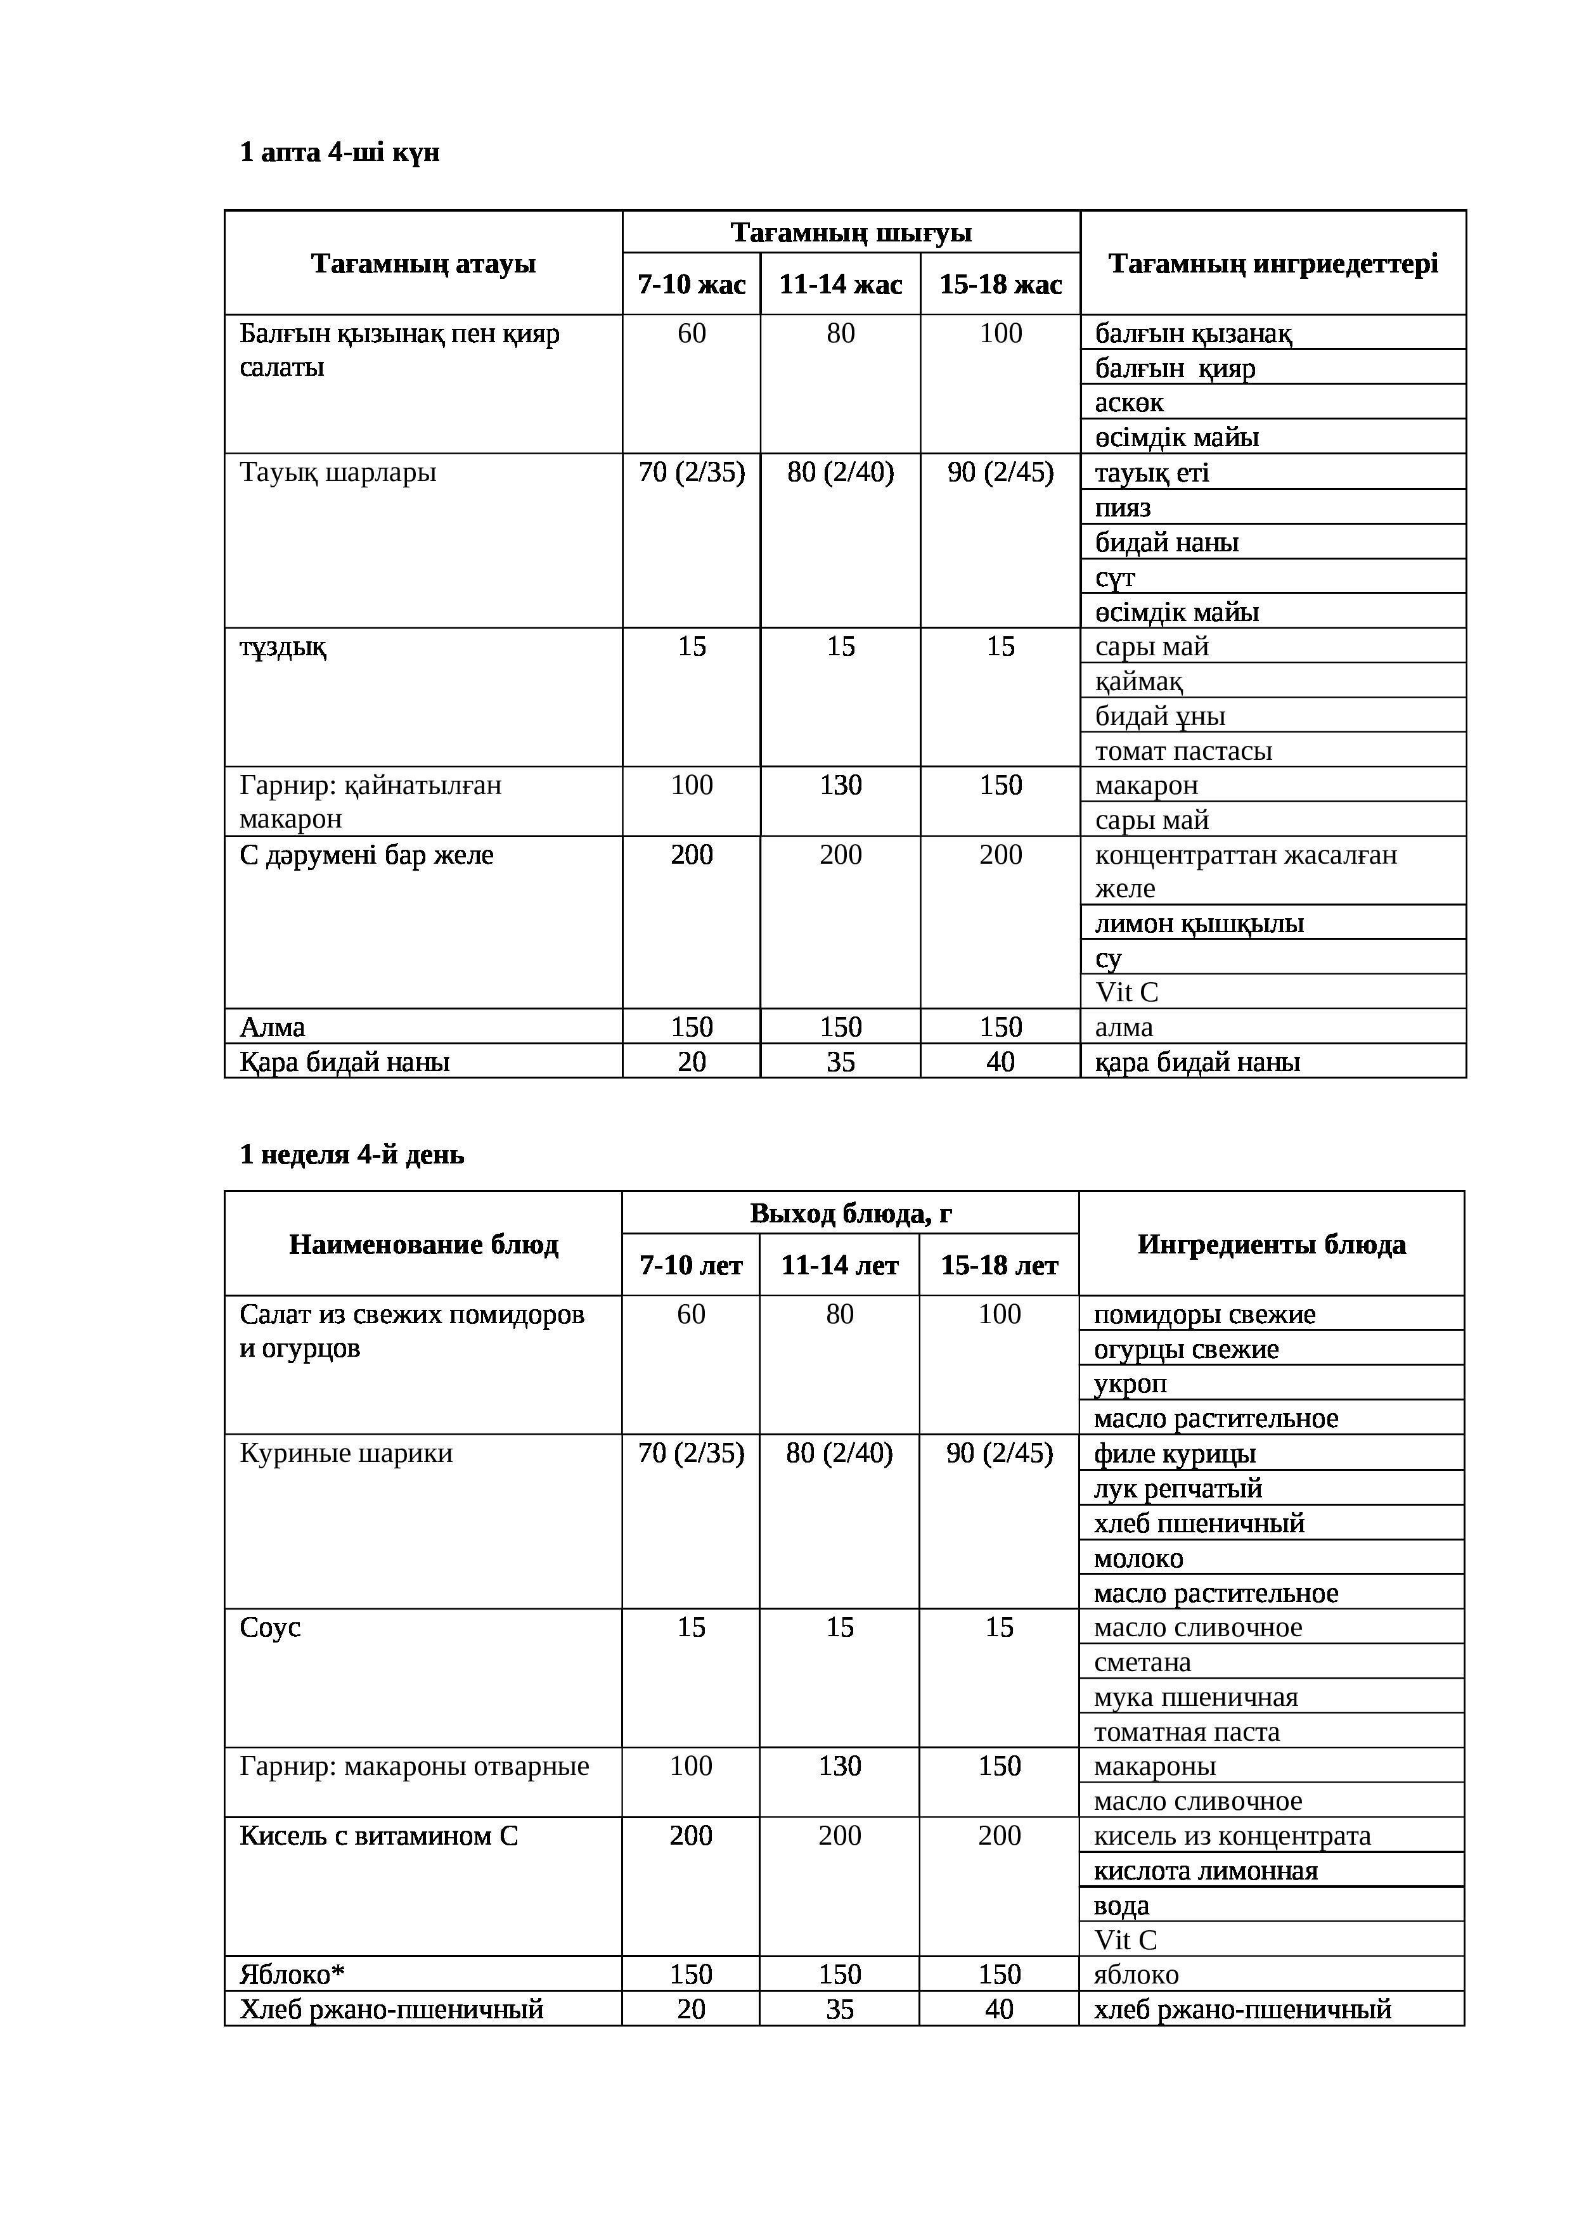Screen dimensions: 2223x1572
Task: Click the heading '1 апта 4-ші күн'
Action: (x=339, y=152)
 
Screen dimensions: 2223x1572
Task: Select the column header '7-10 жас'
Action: (x=692, y=285)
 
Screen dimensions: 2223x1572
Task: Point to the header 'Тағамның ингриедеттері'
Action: (x=1273, y=264)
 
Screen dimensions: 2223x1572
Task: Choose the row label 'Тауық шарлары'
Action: (x=338, y=473)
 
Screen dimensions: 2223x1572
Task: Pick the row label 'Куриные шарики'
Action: (x=346, y=1453)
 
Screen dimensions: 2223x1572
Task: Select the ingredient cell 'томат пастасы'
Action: (x=1183, y=750)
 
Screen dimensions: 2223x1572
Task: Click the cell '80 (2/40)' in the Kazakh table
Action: (x=840, y=473)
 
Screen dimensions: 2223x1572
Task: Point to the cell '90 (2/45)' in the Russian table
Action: (x=998, y=1453)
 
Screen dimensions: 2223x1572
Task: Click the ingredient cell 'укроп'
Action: (x=1130, y=1383)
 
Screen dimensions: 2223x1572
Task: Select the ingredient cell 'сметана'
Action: (x=1142, y=1662)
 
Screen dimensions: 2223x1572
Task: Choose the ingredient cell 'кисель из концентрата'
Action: (x=1232, y=1836)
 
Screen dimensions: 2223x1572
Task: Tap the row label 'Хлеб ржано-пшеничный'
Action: (x=391, y=2009)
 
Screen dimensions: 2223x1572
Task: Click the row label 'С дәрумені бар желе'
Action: (x=366, y=855)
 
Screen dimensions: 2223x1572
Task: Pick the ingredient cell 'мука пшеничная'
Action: (x=1195, y=1697)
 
